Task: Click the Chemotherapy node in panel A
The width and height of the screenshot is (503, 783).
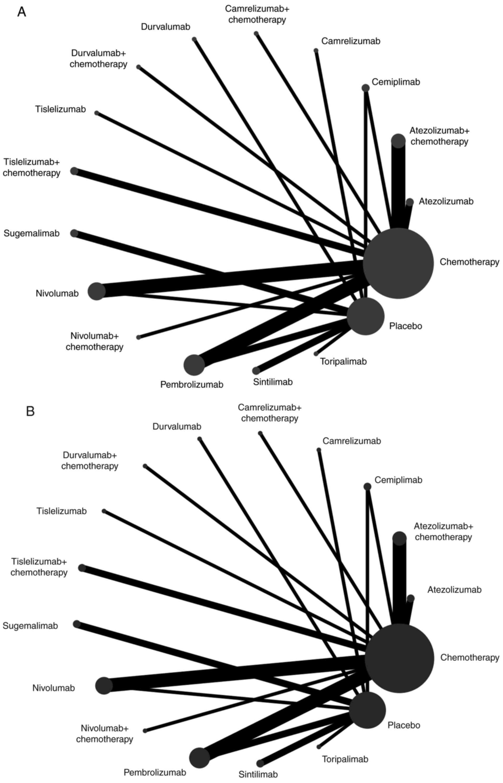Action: click(x=398, y=263)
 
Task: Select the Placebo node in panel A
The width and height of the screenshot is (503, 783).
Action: click(x=365, y=316)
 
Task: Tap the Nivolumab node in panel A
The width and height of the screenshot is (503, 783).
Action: click(x=97, y=291)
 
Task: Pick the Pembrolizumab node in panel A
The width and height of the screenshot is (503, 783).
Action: click(x=194, y=365)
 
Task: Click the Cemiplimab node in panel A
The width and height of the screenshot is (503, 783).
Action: click(x=365, y=88)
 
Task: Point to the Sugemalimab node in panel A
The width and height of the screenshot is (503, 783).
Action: click(x=74, y=233)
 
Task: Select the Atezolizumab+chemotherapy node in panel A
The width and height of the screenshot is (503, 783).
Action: click(x=398, y=141)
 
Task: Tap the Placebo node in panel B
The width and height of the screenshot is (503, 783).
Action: click(x=367, y=710)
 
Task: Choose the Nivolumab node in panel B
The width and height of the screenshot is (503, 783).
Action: click(x=104, y=686)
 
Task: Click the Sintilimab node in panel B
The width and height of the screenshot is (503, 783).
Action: click(x=260, y=763)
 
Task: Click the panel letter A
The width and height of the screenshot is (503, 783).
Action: click(x=22, y=12)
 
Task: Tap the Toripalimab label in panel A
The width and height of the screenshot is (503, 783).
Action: click(x=343, y=362)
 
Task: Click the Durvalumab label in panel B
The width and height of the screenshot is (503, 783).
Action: click(x=177, y=426)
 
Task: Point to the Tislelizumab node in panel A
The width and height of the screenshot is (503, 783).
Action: click(x=96, y=113)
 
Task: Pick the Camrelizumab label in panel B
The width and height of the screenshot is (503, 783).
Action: click(x=352, y=441)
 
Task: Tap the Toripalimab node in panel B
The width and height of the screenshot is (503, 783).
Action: click(x=319, y=747)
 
